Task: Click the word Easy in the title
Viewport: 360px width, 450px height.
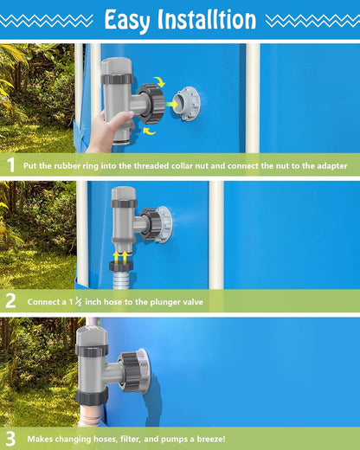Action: coord(132,19)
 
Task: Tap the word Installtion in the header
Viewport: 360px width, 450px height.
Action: coord(208,19)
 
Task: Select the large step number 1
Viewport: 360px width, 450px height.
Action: coord(10,164)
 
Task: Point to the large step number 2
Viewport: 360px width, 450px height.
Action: coord(10,301)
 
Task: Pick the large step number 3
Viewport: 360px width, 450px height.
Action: coord(10,438)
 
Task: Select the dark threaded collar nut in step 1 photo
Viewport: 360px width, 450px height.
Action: coord(153,103)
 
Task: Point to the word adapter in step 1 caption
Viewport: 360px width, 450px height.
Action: coord(328,165)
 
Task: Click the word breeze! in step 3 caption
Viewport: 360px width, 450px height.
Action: coord(209,439)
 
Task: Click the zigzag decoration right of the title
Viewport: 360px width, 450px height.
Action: coord(311,20)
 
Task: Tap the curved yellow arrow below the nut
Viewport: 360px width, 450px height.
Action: coord(150,131)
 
